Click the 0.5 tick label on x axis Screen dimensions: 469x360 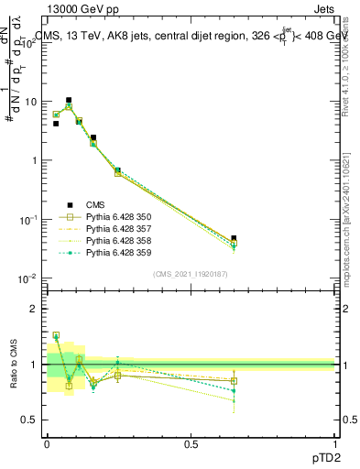(x=191, y=442)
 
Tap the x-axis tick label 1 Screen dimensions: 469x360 (x=334, y=442)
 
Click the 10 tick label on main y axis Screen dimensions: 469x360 (x=27, y=102)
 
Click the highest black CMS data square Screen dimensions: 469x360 (x=69, y=100)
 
